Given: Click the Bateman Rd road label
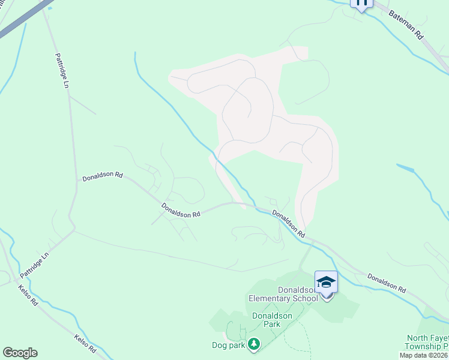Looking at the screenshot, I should [x=406, y=24].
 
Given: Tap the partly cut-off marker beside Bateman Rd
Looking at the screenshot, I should [x=361, y=3].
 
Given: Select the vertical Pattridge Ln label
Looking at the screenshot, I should [x=62, y=71].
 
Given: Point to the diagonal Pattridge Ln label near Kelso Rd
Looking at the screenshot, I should [x=34, y=264].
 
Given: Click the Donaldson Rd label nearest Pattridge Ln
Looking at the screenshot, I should [x=103, y=177].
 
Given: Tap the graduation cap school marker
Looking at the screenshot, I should [x=326, y=282].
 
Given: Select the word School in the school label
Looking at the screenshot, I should [x=305, y=298].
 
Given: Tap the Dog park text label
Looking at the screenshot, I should [x=229, y=345].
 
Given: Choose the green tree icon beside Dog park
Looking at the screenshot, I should [x=255, y=344].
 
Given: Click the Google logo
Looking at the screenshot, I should [x=20, y=353].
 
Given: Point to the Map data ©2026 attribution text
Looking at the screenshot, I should [x=424, y=355].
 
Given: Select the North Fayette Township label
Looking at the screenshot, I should [x=427, y=343].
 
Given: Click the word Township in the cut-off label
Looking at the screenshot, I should [x=423, y=347].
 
